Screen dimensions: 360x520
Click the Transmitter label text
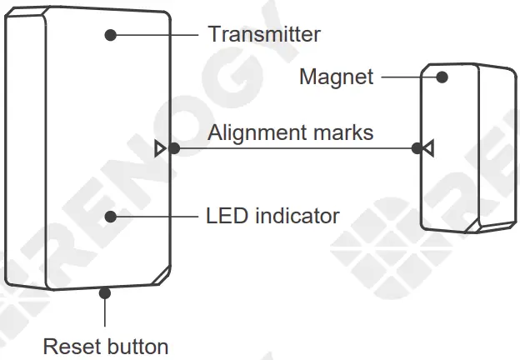point(263,34)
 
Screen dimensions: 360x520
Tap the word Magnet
point(336,77)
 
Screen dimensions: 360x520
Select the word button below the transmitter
point(134,346)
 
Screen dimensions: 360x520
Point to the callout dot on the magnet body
point(442,77)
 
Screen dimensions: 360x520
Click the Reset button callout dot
point(105,292)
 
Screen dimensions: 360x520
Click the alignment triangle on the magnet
point(427,149)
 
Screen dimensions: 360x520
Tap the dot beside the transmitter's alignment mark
point(173,149)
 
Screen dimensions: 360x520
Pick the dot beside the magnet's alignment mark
point(417,149)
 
